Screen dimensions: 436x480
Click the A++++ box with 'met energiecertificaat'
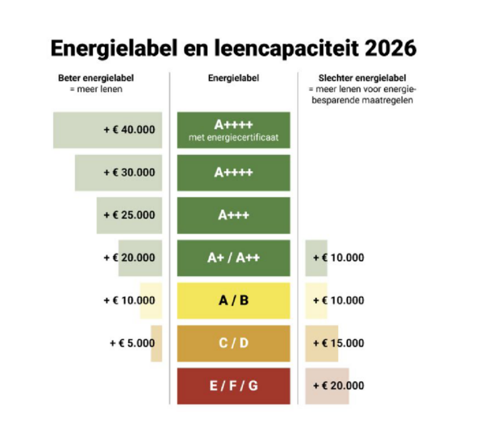[234, 129]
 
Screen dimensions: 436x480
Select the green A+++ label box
[234, 215]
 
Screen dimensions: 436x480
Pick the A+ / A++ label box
[234, 257]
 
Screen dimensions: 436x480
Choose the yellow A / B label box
[234, 300]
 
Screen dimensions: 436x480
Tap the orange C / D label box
[234, 343]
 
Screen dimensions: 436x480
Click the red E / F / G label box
[234, 385]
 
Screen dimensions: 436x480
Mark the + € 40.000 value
[129, 130]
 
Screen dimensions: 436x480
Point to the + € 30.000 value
[129, 172]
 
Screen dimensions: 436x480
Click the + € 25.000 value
[129, 215]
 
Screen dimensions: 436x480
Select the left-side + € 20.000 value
[129, 257]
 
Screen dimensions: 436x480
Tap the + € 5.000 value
[132, 343]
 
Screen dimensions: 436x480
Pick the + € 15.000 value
[338, 343]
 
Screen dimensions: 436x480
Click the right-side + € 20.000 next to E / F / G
[338, 385]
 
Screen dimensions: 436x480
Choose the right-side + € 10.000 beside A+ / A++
[338, 257]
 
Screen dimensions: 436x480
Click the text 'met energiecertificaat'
[234, 137]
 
